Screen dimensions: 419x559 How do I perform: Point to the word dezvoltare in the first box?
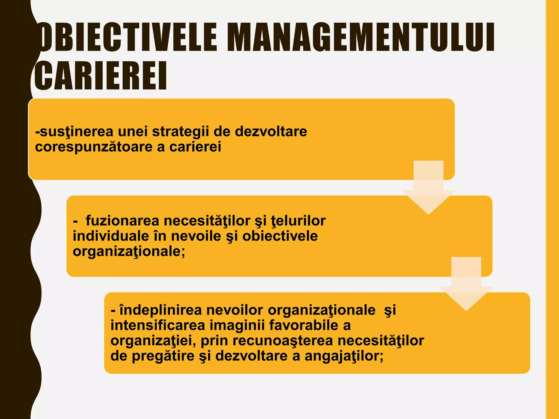tap(271, 131)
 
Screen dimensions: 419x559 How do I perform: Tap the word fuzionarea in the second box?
tap(123, 221)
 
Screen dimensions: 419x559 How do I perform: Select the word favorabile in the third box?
tap(304, 325)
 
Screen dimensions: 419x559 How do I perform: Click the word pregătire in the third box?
tap(163, 356)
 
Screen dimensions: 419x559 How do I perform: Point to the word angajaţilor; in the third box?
tap(344, 356)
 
